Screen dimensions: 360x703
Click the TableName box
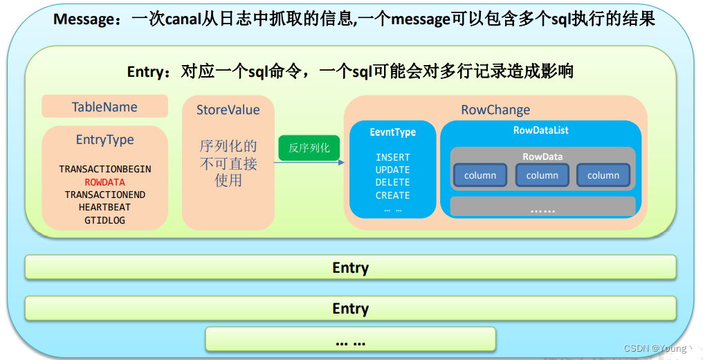pos(104,107)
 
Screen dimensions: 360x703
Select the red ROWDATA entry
pos(104,182)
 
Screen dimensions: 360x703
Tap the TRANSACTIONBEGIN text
pos(104,169)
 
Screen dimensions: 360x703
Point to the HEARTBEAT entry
pos(104,207)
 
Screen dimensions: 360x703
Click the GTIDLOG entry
pos(104,220)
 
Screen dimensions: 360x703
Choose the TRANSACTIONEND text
pos(104,195)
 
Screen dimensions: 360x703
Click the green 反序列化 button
pos(309,147)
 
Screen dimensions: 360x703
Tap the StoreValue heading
pos(228,110)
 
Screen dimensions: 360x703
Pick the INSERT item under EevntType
pos(392,157)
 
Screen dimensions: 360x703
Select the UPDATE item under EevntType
pos(392,170)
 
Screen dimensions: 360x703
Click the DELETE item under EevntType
pos(392,182)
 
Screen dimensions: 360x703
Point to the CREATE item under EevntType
pos(392,195)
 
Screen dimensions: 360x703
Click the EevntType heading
pos(392,132)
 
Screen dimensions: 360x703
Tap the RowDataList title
pos(541,130)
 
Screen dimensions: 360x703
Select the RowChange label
pos(495,110)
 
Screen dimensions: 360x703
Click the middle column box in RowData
pos(542,175)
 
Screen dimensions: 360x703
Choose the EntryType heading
pos(104,140)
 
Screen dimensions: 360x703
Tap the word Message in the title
pos(81,19)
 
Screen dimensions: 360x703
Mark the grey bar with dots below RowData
pos(542,206)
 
